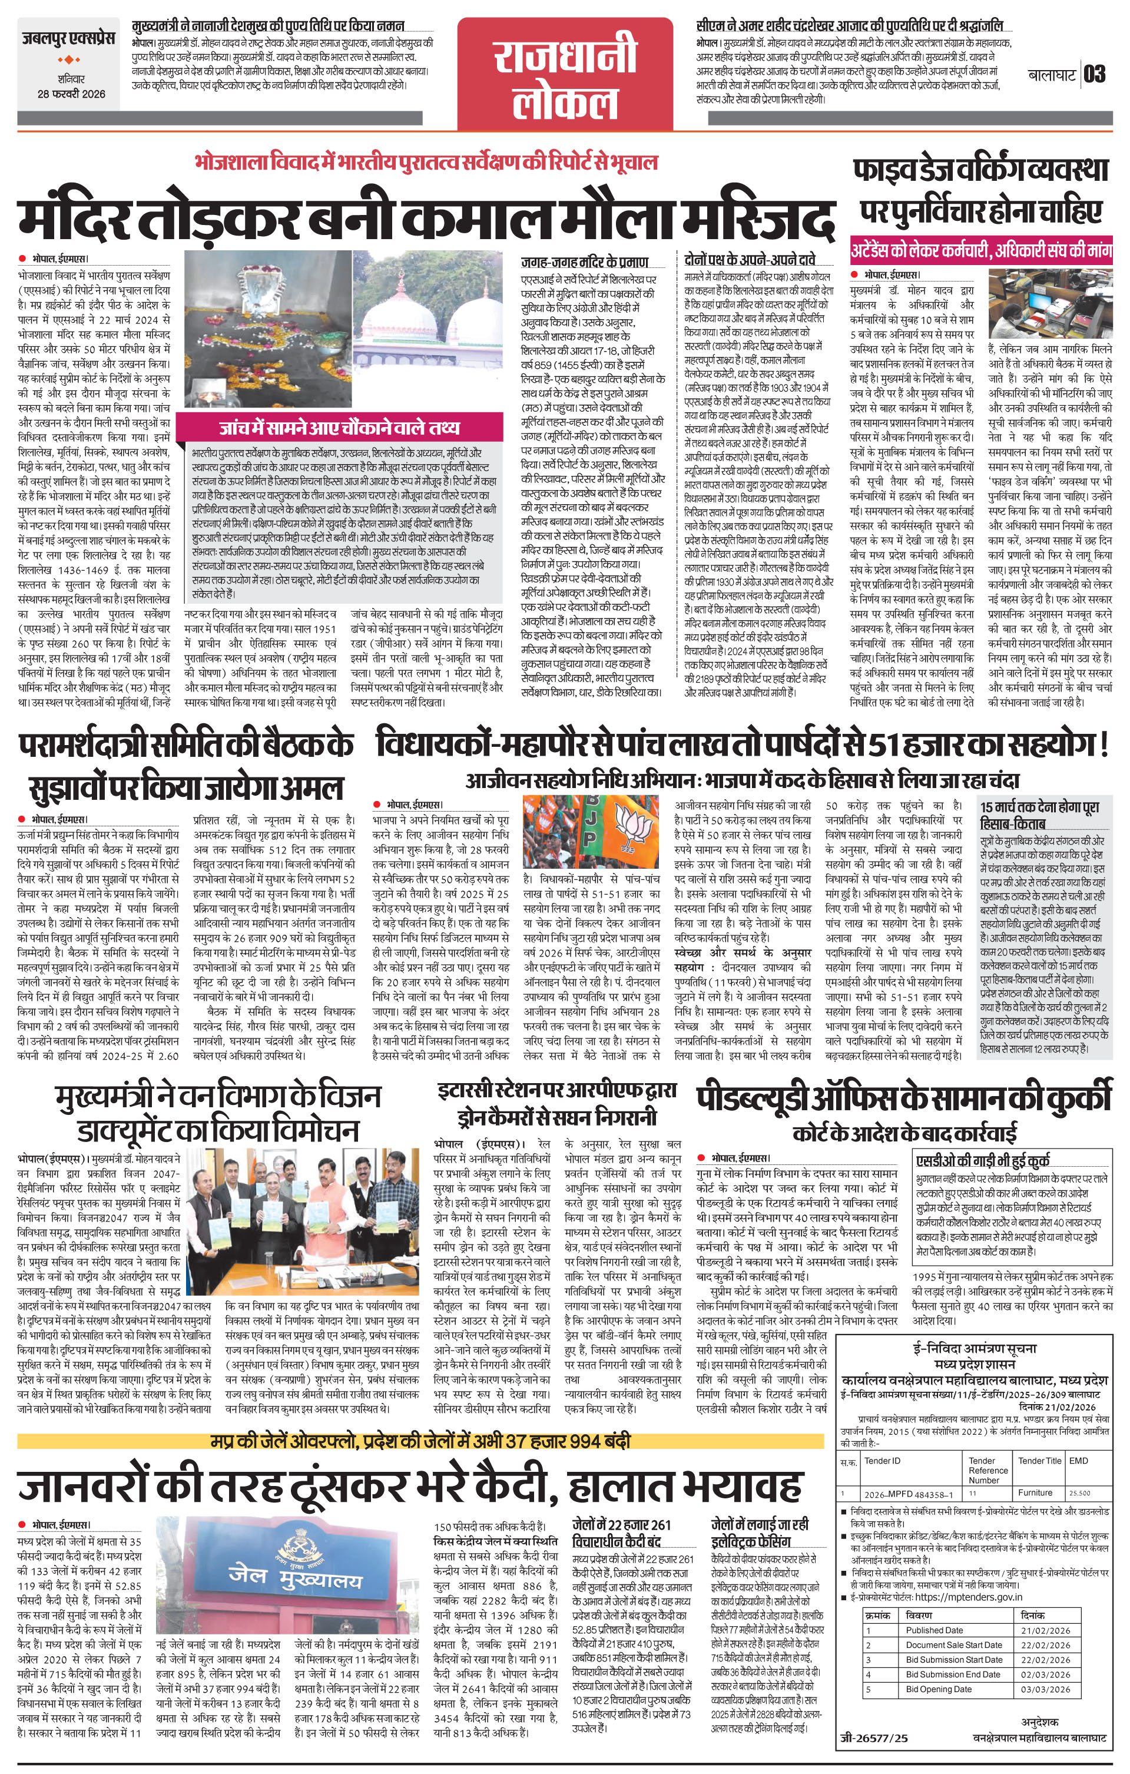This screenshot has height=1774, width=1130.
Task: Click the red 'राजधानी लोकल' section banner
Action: tap(565, 74)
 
